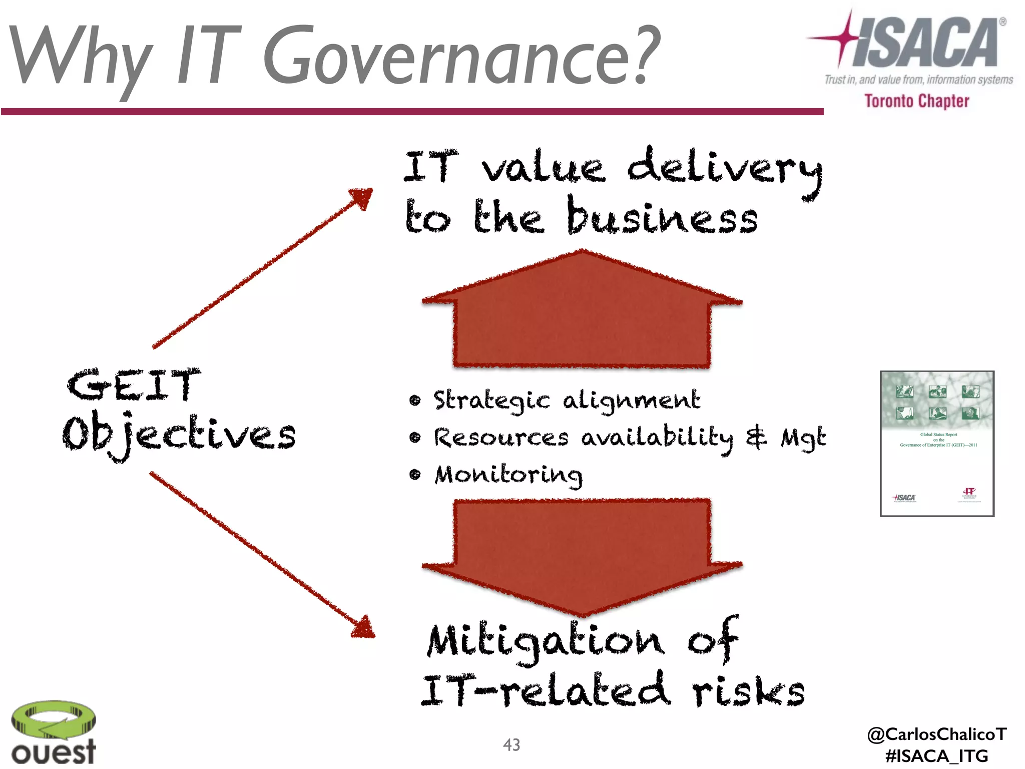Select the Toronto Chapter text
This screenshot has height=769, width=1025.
[x=917, y=101]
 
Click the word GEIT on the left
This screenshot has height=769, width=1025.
[x=134, y=385]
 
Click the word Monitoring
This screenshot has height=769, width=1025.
[x=508, y=475]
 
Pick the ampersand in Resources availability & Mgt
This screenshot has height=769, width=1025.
[x=756, y=437]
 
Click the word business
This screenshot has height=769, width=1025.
[x=662, y=218]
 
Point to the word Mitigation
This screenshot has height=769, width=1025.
[x=546, y=641]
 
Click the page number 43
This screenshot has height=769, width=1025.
[x=511, y=745]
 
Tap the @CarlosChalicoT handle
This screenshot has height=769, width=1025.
[x=936, y=734]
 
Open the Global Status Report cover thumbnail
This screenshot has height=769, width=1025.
[x=937, y=444]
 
